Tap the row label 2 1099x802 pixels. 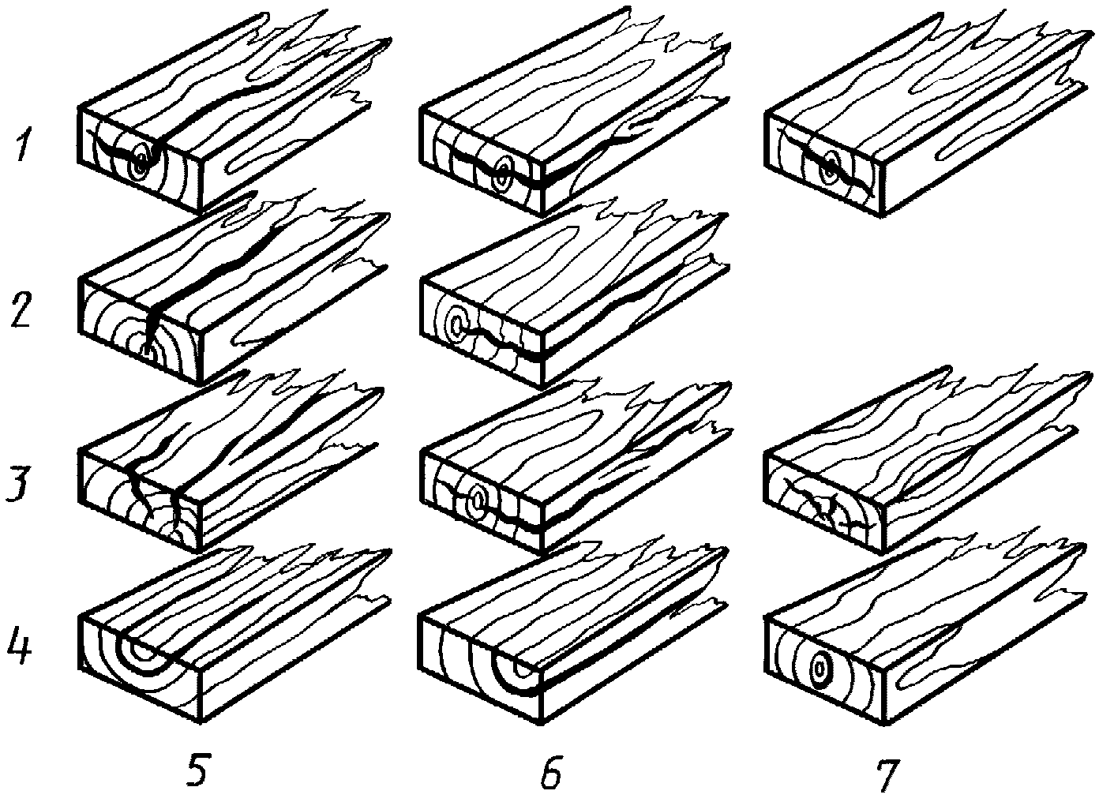[20, 309]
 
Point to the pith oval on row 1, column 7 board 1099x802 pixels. [829, 168]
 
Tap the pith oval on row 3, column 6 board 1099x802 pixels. [477, 501]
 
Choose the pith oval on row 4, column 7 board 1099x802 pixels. [820, 668]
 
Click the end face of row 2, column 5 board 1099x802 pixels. [140, 332]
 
